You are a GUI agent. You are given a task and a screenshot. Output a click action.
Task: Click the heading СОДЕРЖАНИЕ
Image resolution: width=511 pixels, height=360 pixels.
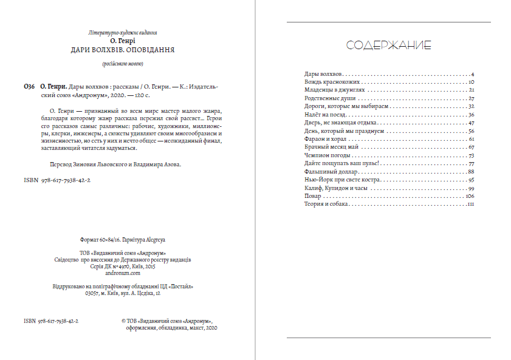tap(388, 46)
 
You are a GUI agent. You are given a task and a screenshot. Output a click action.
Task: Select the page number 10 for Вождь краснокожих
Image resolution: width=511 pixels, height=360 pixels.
tap(471, 81)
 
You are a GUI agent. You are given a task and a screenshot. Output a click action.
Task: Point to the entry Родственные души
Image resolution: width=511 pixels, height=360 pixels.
tap(329, 98)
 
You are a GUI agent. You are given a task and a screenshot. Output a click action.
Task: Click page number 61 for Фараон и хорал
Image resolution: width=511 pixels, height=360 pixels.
tap(471, 139)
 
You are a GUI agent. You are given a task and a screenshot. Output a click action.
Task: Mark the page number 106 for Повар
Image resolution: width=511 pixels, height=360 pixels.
tap(469, 197)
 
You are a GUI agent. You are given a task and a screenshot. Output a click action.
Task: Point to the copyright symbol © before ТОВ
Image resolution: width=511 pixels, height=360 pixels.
tap(124, 320)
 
